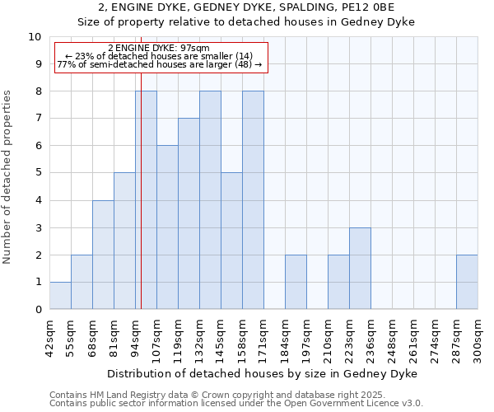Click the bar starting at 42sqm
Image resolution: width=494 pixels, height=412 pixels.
click(60, 296)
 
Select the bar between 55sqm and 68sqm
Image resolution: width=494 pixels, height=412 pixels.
click(82, 282)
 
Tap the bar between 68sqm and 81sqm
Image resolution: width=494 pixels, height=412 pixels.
click(103, 255)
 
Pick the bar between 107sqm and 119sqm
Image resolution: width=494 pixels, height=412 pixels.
click(167, 227)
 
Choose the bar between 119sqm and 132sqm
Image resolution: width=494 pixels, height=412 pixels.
click(189, 214)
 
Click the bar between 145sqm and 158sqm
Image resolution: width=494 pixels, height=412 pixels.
click(231, 241)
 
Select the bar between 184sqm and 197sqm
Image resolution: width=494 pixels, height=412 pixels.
click(296, 282)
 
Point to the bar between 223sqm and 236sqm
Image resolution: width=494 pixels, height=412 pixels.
click(360, 269)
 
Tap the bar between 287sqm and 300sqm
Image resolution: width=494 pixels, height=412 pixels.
click(467, 282)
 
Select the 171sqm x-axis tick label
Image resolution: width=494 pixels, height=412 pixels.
click(263, 339)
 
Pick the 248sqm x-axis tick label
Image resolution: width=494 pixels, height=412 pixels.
click(392, 339)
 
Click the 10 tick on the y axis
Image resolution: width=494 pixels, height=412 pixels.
click(35, 37)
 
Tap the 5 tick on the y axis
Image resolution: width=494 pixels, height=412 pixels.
click(38, 173)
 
